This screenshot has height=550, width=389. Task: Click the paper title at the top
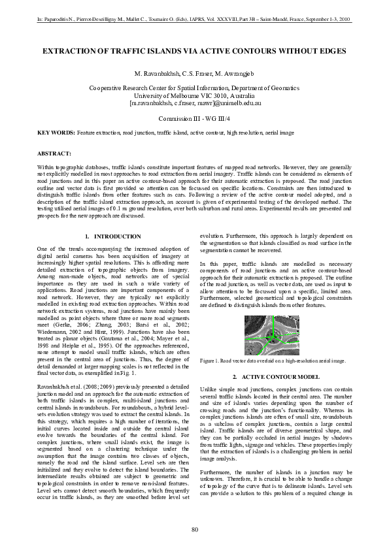coord(195,50)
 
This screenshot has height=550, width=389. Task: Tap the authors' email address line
coord(195,103)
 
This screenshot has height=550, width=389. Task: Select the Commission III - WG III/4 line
coord(195,118)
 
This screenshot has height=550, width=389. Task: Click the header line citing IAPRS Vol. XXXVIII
coord(195,22)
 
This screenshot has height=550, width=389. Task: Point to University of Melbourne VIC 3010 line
coord(195,95)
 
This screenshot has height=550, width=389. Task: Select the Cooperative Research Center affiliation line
coord(195,88)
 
